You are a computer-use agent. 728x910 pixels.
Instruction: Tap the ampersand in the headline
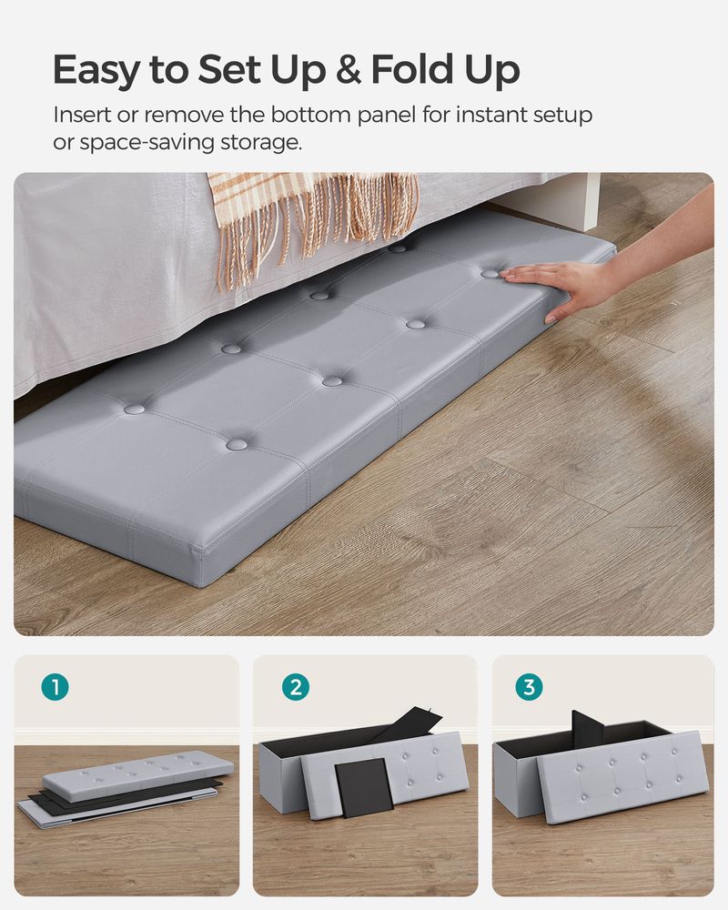350,69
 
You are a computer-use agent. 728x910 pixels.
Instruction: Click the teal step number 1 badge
56,688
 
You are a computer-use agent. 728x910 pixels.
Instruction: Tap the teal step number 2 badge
295,688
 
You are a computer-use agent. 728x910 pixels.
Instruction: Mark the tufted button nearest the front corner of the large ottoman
237,444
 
